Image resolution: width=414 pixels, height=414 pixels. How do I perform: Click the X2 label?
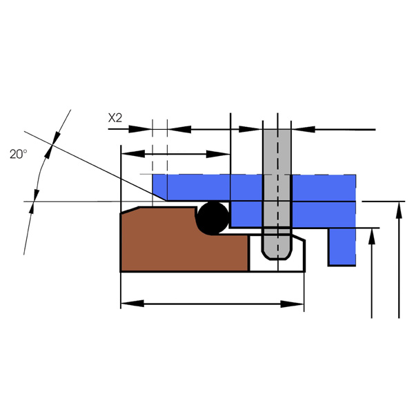(115, 118)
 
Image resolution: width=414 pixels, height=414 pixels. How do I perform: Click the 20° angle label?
(19, 154)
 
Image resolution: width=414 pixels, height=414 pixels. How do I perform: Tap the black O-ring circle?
(213, 218)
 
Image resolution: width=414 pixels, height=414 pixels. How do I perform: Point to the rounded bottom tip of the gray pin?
(277, 257)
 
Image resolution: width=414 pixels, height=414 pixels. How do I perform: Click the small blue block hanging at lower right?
(342, 247)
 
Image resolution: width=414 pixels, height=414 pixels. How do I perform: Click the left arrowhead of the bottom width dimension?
(132, 304)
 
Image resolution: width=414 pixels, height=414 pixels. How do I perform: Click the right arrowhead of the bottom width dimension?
(292, 304)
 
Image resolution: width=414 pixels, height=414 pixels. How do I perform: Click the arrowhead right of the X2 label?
(140, 129)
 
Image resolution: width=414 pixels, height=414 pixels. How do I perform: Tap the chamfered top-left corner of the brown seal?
(130, 210)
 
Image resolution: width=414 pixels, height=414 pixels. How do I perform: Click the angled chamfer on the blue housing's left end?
(160, 196)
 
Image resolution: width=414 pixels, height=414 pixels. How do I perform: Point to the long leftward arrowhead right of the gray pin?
(304, 130)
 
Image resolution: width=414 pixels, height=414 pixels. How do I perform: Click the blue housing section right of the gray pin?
(324, 201)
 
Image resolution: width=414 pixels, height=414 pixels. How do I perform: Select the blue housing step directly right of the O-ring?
(246, 214)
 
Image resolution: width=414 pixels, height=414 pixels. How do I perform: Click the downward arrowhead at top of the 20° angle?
(57, 138)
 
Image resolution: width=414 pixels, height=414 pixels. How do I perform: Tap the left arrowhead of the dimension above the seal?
(132, 154)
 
